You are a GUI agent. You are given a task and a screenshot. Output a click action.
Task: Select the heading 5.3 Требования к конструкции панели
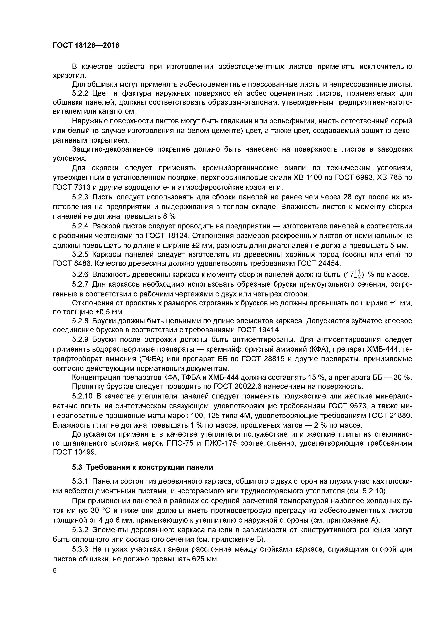point(142,467)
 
